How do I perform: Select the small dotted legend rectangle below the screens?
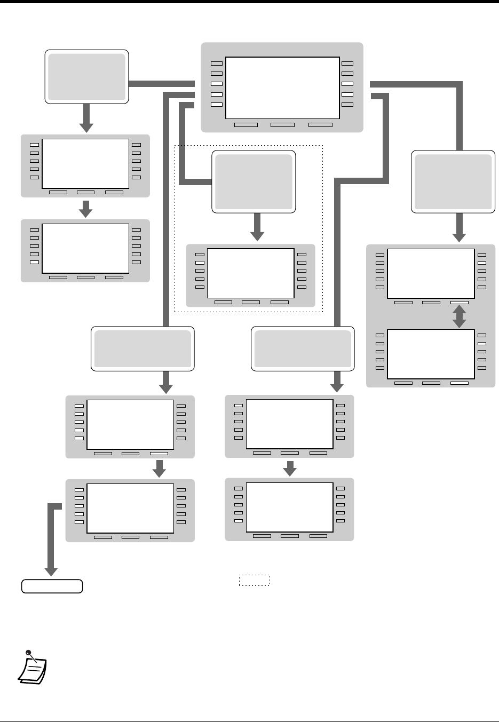[255, 581]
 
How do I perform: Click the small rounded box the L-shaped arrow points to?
[52, 586]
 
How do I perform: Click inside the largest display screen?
[283, 88]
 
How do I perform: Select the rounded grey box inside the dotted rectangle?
[254, 182]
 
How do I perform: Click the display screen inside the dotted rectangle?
[250, 273]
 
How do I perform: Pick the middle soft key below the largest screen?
[282, 125]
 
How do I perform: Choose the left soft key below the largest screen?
[246, 125]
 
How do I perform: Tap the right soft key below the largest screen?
[320, 125]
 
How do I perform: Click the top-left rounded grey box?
[86, 76]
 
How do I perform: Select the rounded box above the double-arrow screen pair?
[453, 182]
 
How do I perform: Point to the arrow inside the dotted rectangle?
[257, 227]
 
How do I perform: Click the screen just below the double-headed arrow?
[430, 354]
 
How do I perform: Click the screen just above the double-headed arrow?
[430, 273]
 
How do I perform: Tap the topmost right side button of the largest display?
[347, 64]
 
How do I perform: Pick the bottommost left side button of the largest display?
[216, 105]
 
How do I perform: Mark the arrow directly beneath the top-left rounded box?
[86, 118]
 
